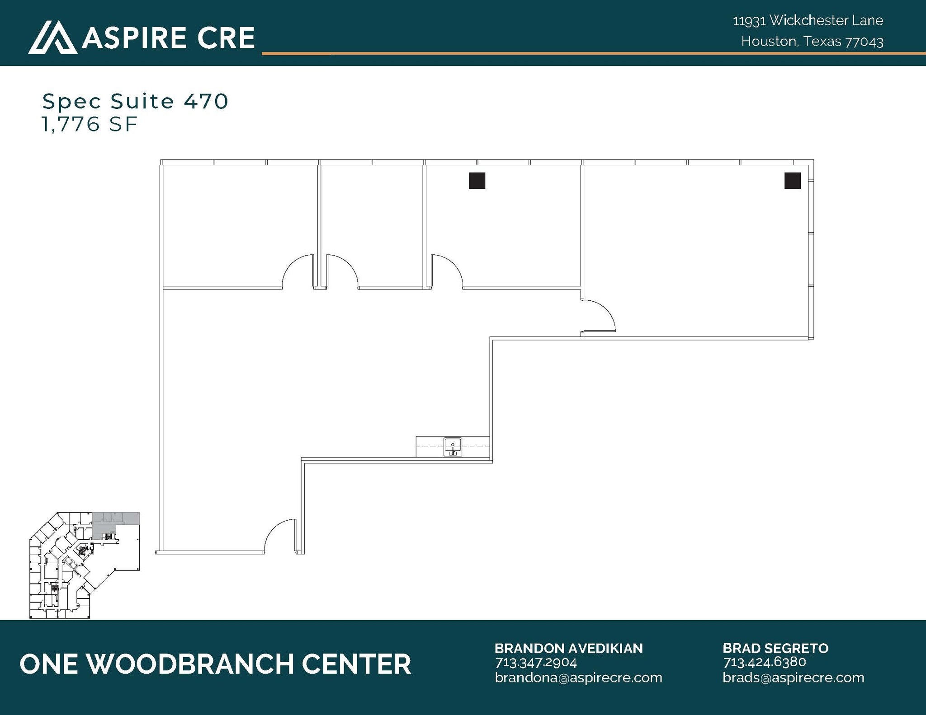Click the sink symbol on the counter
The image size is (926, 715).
point(453,447)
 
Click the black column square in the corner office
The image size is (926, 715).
point(792,181)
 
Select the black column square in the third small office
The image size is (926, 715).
point(477,181)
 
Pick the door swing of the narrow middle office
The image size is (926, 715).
point(342,272)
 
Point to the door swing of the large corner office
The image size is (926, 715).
point(598,315)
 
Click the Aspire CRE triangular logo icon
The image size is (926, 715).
point(52,37)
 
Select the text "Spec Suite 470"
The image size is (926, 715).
point(135,101)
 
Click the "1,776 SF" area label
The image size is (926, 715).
point(90,124)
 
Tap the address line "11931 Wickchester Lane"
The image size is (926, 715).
point(808,20)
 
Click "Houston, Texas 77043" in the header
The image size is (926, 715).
point(812,42)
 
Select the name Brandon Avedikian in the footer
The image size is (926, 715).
point(568,648)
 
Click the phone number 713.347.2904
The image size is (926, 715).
point(536,663)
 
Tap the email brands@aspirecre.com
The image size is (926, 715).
point(793,678)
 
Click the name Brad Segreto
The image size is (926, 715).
point(775,648)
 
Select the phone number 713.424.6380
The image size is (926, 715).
point(764,662)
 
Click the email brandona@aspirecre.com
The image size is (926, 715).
point(578,678)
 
